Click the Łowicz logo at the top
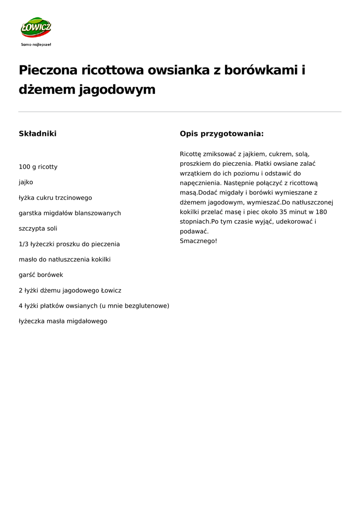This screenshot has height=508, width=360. [36, 28]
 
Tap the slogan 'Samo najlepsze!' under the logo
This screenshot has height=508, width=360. [36, 45]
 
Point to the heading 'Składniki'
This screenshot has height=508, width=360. [37, 133]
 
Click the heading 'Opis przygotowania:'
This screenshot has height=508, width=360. [221, 133]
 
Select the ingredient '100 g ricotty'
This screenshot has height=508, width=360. [38, 167]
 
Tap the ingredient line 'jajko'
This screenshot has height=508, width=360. [26, 182]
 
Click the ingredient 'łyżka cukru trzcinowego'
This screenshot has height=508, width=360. [55, 197]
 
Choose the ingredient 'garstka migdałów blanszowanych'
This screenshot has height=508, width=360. [70, 213]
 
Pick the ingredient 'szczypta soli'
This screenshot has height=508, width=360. [38, 229]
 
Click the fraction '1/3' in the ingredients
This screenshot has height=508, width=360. [24, 244]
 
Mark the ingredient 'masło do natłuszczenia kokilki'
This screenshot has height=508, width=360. [65, 259]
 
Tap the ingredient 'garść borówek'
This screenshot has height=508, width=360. [41, 275]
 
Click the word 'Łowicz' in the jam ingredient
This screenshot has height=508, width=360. [111, 290]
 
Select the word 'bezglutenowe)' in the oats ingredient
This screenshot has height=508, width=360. [147, 306]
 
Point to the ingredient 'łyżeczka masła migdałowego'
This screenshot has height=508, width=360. [63, 321]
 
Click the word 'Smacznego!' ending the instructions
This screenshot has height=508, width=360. [199, 241]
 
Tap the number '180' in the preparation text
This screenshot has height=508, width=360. [321, 212]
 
